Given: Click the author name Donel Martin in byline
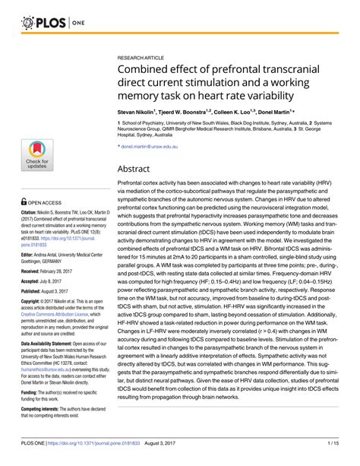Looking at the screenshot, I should click(273, 110).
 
